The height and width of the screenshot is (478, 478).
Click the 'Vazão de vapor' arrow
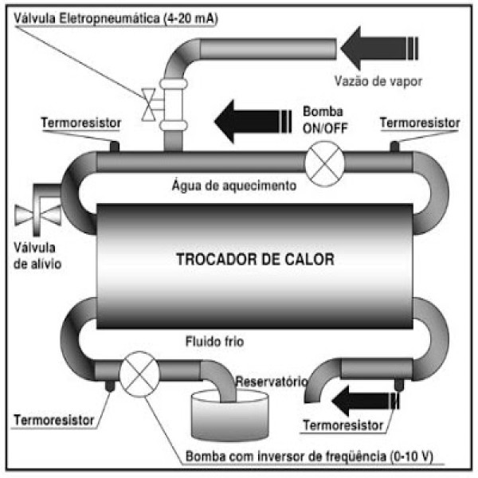tap(379, 48)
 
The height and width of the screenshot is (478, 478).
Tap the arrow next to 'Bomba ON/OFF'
tap(253, 121)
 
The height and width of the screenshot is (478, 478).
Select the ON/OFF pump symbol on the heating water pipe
tap(325, 163)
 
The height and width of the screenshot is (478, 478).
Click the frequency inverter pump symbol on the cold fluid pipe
tap(139, 374)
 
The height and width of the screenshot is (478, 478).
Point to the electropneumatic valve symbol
tap(149, 104)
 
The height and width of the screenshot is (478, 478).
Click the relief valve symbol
tap(37, 215)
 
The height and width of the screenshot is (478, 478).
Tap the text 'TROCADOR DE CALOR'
tap(255, 260)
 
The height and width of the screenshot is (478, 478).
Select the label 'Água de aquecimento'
tap(234, 186)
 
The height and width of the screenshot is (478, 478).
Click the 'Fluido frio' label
tap(214, 342)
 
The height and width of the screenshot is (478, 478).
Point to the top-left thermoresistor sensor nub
tap(114, 147)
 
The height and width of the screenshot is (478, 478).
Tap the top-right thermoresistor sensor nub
tap(394, 147)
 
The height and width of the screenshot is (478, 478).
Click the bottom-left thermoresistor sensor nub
tap(110, 386)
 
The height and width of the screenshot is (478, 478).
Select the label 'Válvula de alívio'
tap(37, 256)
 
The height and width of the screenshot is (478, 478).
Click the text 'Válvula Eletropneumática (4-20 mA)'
tap(116, 19)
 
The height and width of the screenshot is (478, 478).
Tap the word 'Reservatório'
tap(272, 382)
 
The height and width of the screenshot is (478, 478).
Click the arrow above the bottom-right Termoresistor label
tap(366, 401)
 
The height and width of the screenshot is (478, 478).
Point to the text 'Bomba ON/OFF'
tap(325, 120)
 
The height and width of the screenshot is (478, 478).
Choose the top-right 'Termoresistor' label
tap(420, 123)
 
